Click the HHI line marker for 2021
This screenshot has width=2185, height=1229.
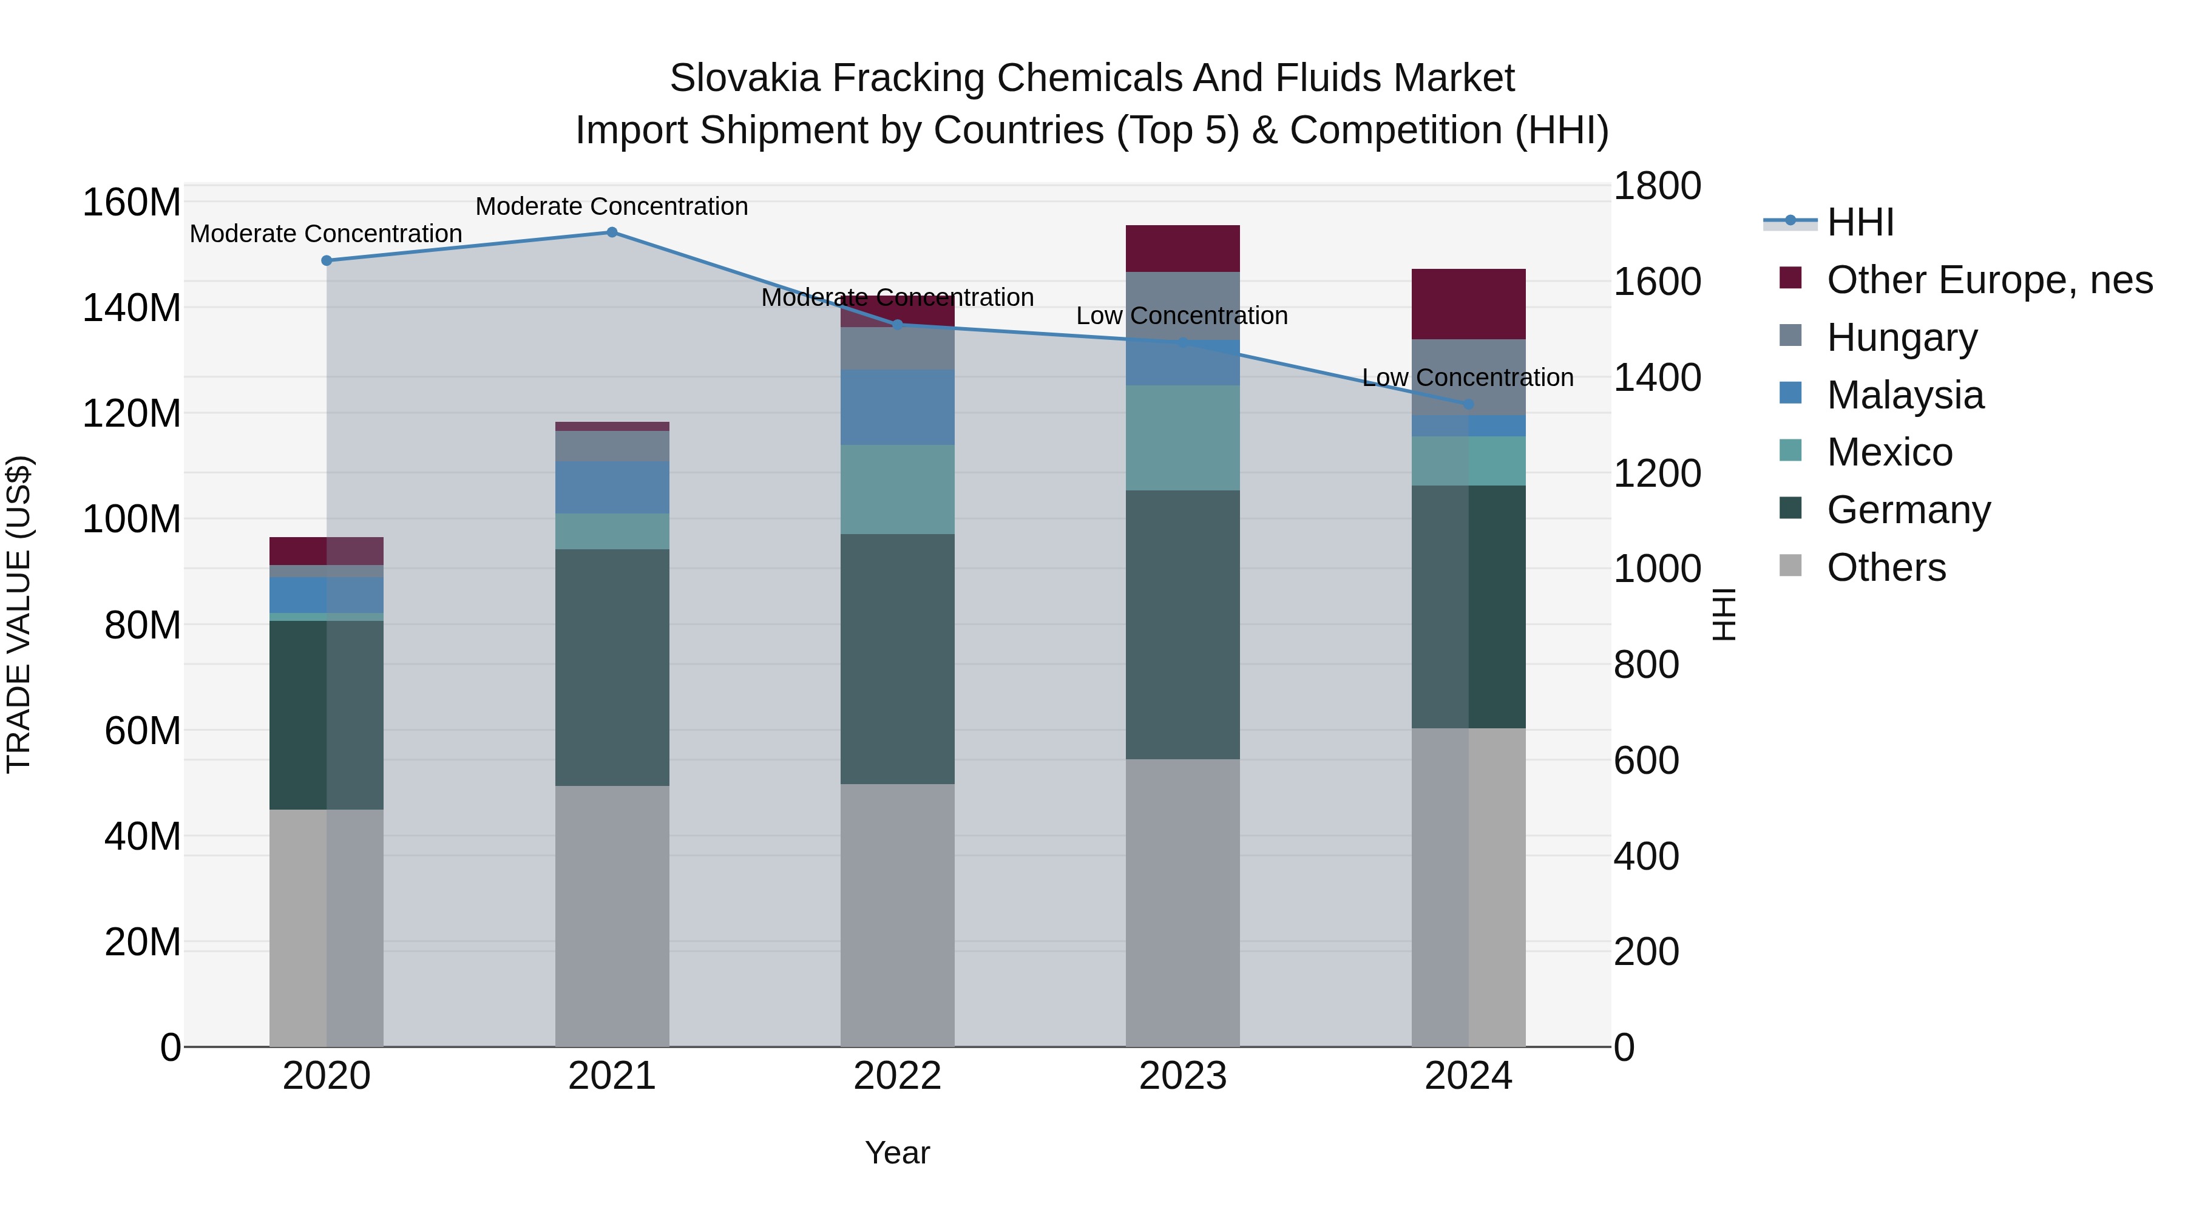pos(612,232)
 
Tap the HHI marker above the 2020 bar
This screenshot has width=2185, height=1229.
pos(327,260)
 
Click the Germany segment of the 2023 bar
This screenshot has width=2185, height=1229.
pos(1182,625)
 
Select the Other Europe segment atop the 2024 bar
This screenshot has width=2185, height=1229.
pos(1468,303)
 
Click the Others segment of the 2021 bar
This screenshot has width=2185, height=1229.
pos(612,916)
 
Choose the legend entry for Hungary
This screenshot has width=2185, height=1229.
pos(1902,337)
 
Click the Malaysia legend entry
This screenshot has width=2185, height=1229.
pos(1905,395)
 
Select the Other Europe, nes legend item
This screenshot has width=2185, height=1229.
pos(1989,280)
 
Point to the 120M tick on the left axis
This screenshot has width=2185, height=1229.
pos(132,414)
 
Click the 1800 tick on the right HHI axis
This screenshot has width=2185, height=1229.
pos(1656,186)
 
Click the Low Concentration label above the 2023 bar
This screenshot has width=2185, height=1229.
pos(1182,316)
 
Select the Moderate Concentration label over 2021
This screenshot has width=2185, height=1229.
pos(612,206)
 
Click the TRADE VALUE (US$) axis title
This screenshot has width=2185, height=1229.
pos(19,614)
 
